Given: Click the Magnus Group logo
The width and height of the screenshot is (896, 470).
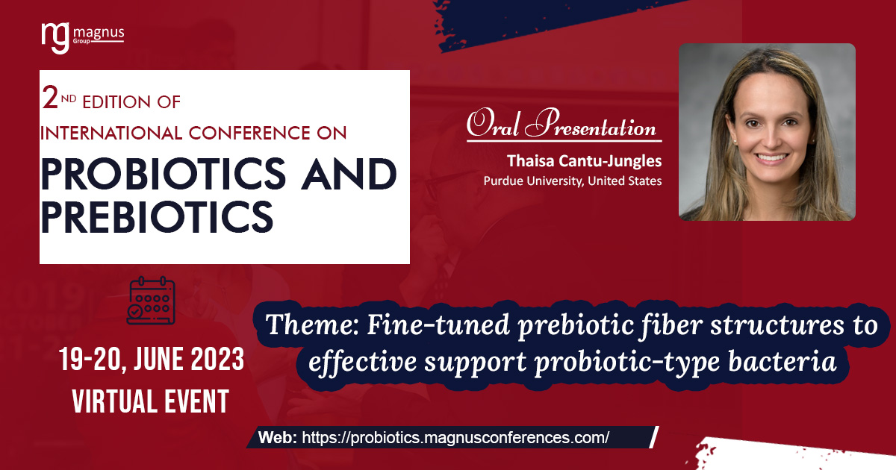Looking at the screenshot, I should click(x=82, y=37).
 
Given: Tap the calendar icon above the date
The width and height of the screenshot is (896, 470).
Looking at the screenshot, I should click(x=152, y=300).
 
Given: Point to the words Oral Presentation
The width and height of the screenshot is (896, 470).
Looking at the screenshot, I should click(x=561, y=124).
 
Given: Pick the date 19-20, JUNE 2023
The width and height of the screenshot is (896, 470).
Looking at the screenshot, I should click(x=152, y=361).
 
